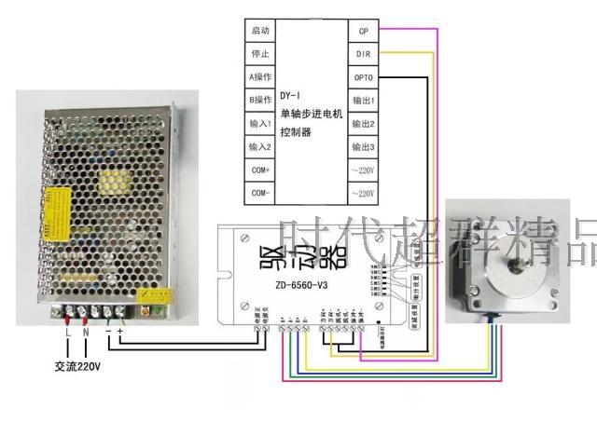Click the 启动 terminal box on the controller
tap(260, 31)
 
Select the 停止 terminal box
tap(260, 54)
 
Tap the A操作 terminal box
tap(260, 77)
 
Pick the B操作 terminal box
tap(260, 101)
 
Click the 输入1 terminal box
tap(260, 124)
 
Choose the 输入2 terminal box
tap(260, 147)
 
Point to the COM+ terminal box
tap(260, 170)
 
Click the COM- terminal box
tap(260, 194)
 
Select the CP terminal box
tap(364, 31)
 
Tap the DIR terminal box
tap(364, 54)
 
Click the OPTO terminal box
tap(364, 77)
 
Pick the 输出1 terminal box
tap(364, 101)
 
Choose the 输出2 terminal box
tap(364, 124)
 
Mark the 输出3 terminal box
tap(364, 147)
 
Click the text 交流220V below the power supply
tap(78, 366)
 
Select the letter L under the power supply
tap(67, 333)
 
